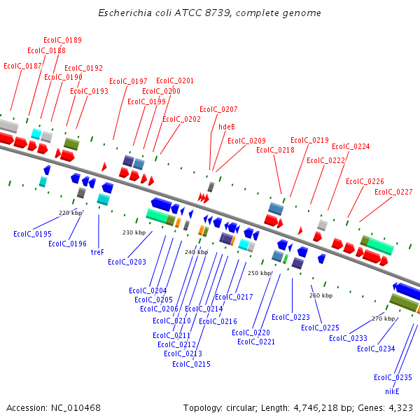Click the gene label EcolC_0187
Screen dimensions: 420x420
tap(22, 66)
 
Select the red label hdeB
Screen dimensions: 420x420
tap(227, 127)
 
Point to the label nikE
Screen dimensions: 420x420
tap(392, 391)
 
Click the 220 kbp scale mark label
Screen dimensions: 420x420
tap(70, 213)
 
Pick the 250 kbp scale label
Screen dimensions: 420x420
tap(259, 273)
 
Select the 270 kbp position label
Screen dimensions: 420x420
tap(384, 318)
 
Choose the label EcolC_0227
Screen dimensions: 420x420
tap(393, 192)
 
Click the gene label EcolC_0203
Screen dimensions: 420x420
tap(127, 262)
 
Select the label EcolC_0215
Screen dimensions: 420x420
tap(191, 363)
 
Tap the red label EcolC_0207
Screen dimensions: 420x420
tap(218, 109)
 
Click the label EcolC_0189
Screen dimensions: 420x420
tap(62, 40)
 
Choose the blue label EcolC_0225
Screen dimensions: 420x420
tap(320, 328)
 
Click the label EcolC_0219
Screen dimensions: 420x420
tap(309, 140)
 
